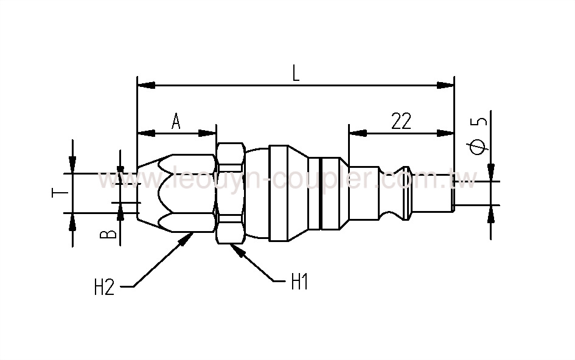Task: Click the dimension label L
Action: tap(296, 74)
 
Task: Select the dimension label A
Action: tap(176, 122)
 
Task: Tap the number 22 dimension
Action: tap(401, 122)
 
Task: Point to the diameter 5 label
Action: tap(480, 135)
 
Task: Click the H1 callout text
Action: tap(299, 283)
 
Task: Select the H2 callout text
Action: tap(104, 287)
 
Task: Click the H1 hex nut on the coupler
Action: tap(229, 193)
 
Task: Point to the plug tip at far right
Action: tap(452, 193)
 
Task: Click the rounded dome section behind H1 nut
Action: tap(256, 193)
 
